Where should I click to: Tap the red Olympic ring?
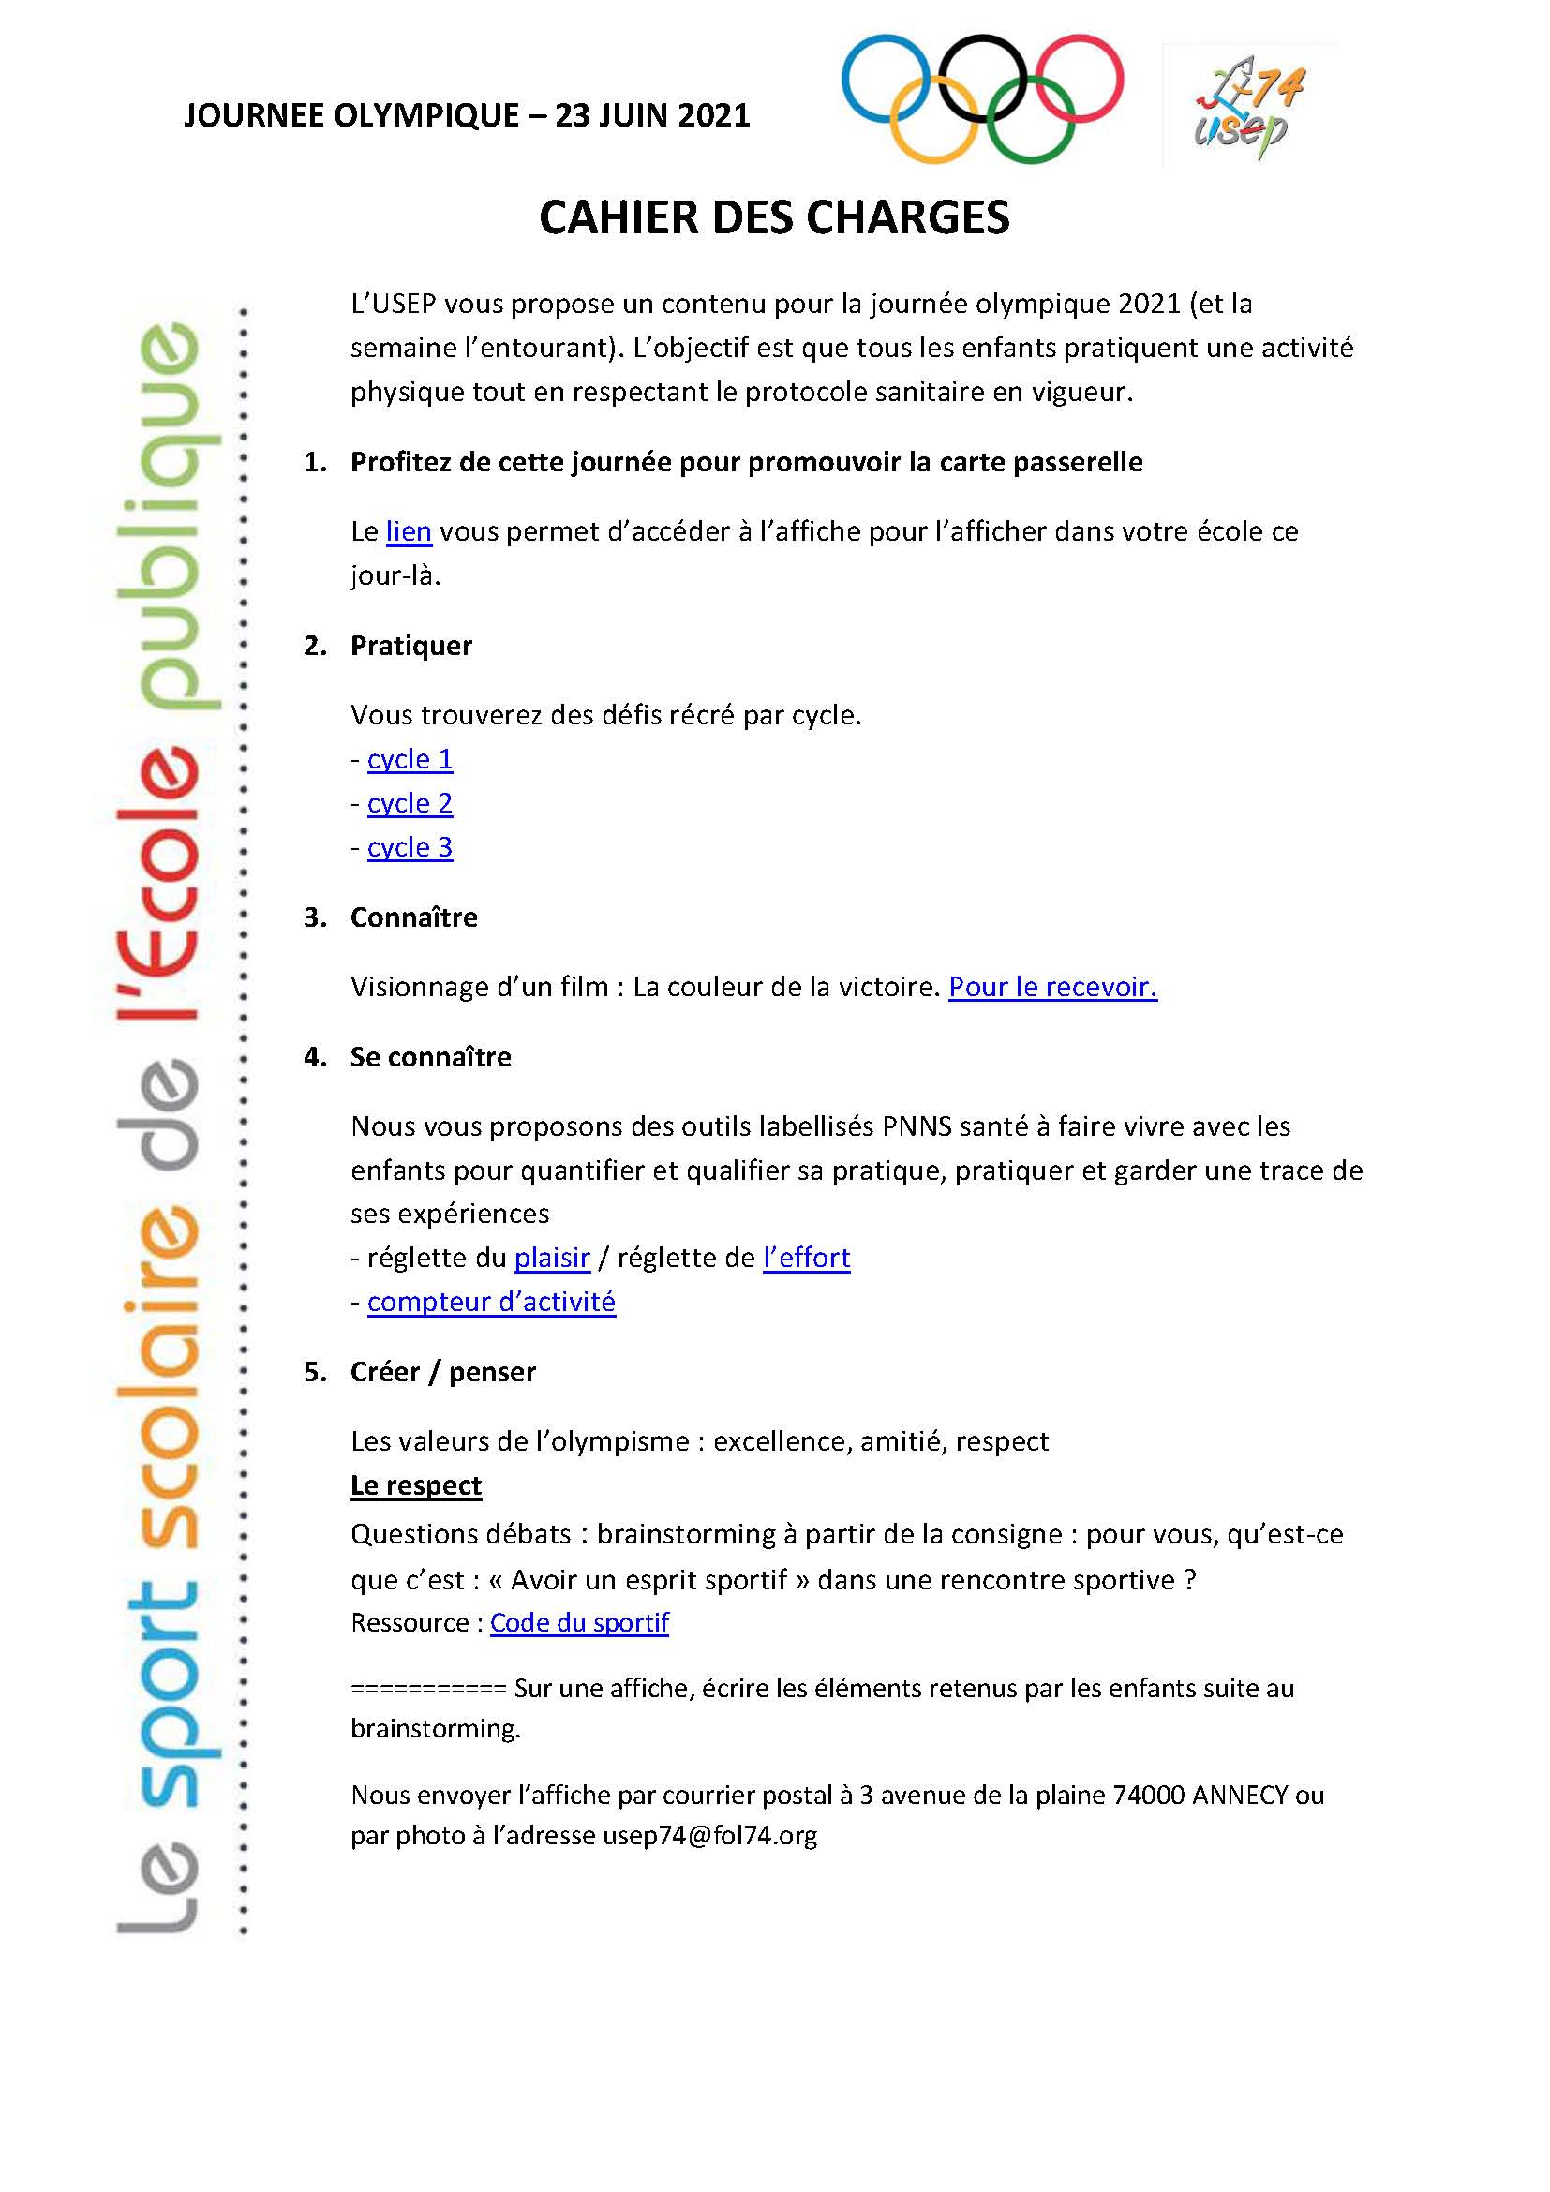click(1121, 79)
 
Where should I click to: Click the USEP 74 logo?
click(1248, 105)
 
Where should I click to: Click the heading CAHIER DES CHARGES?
click(774, 217)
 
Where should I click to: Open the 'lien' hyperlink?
click(409, 531)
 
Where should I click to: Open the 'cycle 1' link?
click(410, 759)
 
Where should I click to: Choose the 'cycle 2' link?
click(410, 803)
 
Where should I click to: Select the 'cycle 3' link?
click(410, 847)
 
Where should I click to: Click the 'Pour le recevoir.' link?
click(1051, 986)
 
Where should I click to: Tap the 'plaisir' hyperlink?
click(552, 1258)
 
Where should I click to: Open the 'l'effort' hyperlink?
click(806, 1258)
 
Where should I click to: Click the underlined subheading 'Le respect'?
click(416, 1485)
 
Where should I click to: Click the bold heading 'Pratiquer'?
click(411, 647)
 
